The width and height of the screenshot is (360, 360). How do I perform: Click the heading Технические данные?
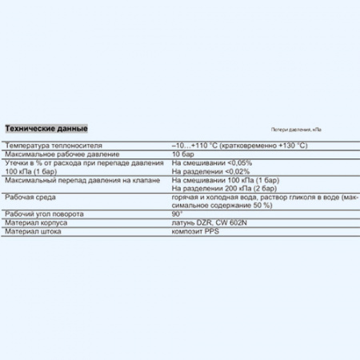coord(46,129)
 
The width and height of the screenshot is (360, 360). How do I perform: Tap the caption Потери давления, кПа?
coord(296,130)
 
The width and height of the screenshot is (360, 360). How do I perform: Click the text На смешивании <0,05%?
coord(201,162)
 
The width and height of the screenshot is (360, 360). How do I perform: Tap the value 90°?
coord(177,215)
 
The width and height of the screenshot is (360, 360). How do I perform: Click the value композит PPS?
coord(194,232)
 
